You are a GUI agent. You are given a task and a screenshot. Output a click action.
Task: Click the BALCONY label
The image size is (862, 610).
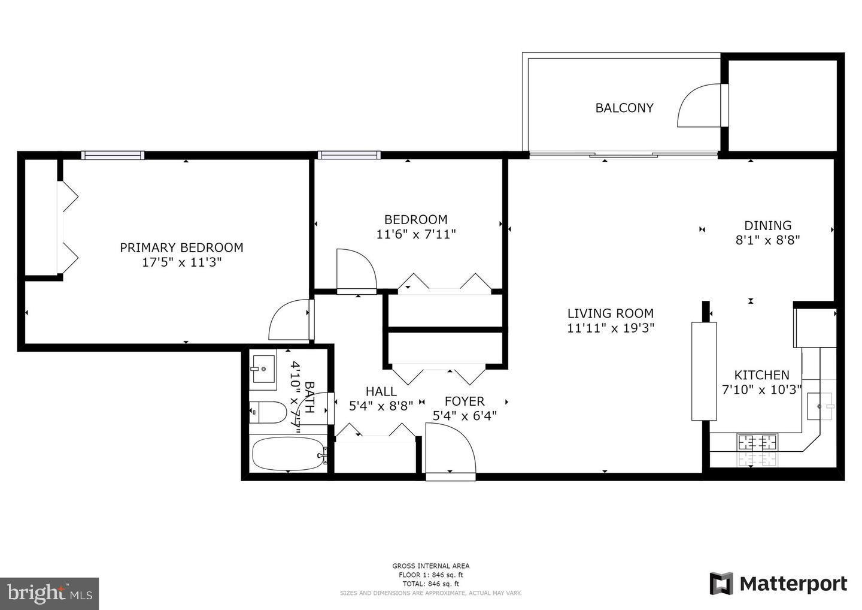point(624,108)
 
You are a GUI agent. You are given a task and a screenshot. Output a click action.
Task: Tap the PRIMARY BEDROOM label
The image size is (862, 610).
point(181,247)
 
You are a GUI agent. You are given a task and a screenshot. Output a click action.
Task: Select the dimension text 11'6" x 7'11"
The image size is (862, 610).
point(416,234)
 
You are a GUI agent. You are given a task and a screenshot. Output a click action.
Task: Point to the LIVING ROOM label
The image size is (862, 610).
point(610,313)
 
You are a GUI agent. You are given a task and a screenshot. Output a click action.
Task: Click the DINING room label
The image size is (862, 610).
point(767,225)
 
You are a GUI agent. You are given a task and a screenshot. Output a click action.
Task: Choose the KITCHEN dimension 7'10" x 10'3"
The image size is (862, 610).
point(761,389)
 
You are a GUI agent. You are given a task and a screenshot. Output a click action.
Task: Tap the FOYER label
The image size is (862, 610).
point(464,401)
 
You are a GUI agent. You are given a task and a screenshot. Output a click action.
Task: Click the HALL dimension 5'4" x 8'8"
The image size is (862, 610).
point(381,406)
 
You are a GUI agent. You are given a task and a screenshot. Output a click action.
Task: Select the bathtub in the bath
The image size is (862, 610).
point(288,454)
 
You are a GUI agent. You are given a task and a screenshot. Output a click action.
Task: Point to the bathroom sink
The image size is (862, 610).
point(262,368)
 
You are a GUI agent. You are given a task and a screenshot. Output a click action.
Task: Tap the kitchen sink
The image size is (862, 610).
point(819,406)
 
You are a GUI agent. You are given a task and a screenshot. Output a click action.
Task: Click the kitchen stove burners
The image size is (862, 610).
point(758,443)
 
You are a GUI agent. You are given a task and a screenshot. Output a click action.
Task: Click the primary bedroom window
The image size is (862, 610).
point(113,155)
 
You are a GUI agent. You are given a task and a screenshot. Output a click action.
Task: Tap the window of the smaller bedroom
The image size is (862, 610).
point(349,155)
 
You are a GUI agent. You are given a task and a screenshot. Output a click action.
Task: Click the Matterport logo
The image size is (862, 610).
point(778,584)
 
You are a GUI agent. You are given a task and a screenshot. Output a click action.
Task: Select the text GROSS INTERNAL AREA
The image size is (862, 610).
point(430,566)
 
